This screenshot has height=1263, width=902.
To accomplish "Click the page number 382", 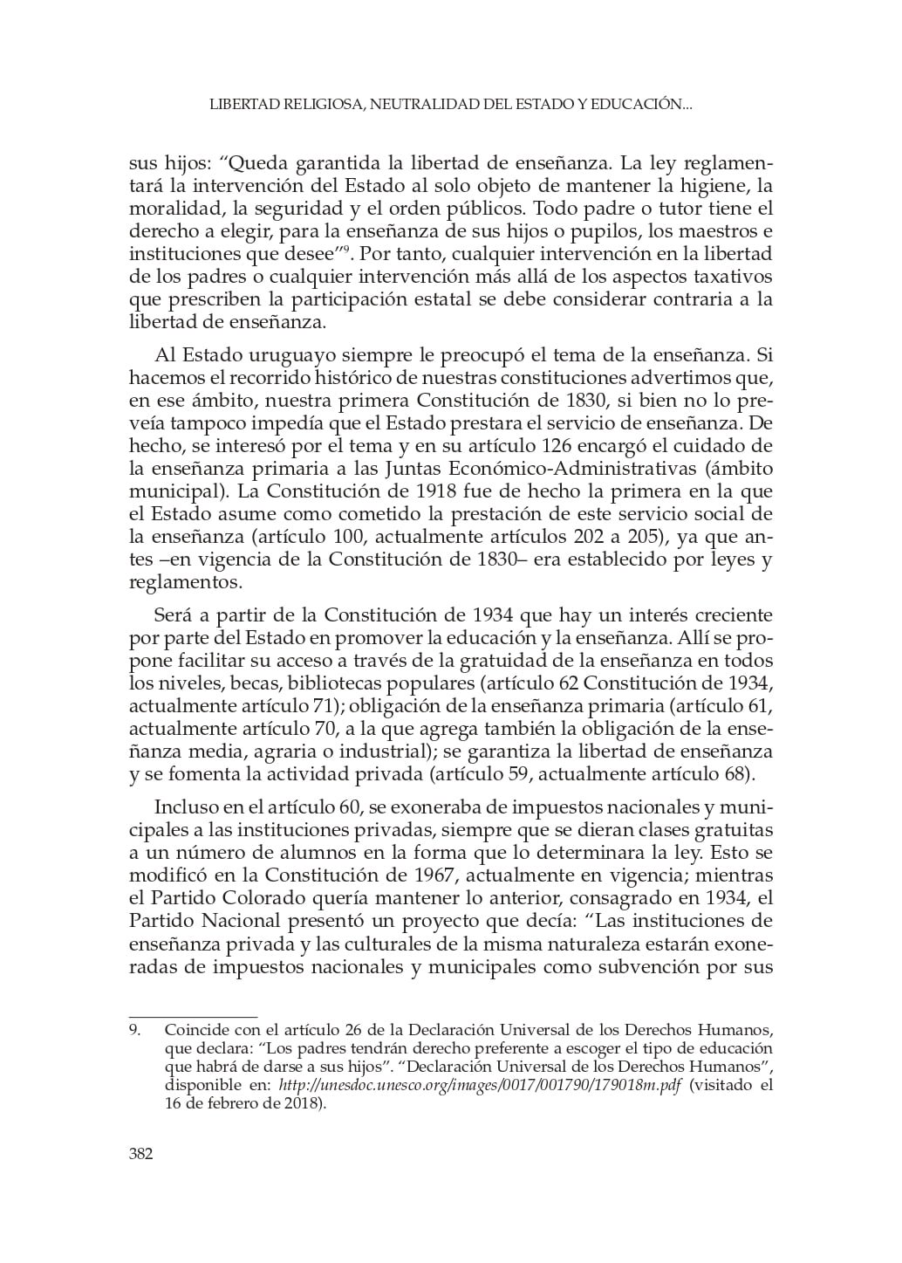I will tap(141, 1154).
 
